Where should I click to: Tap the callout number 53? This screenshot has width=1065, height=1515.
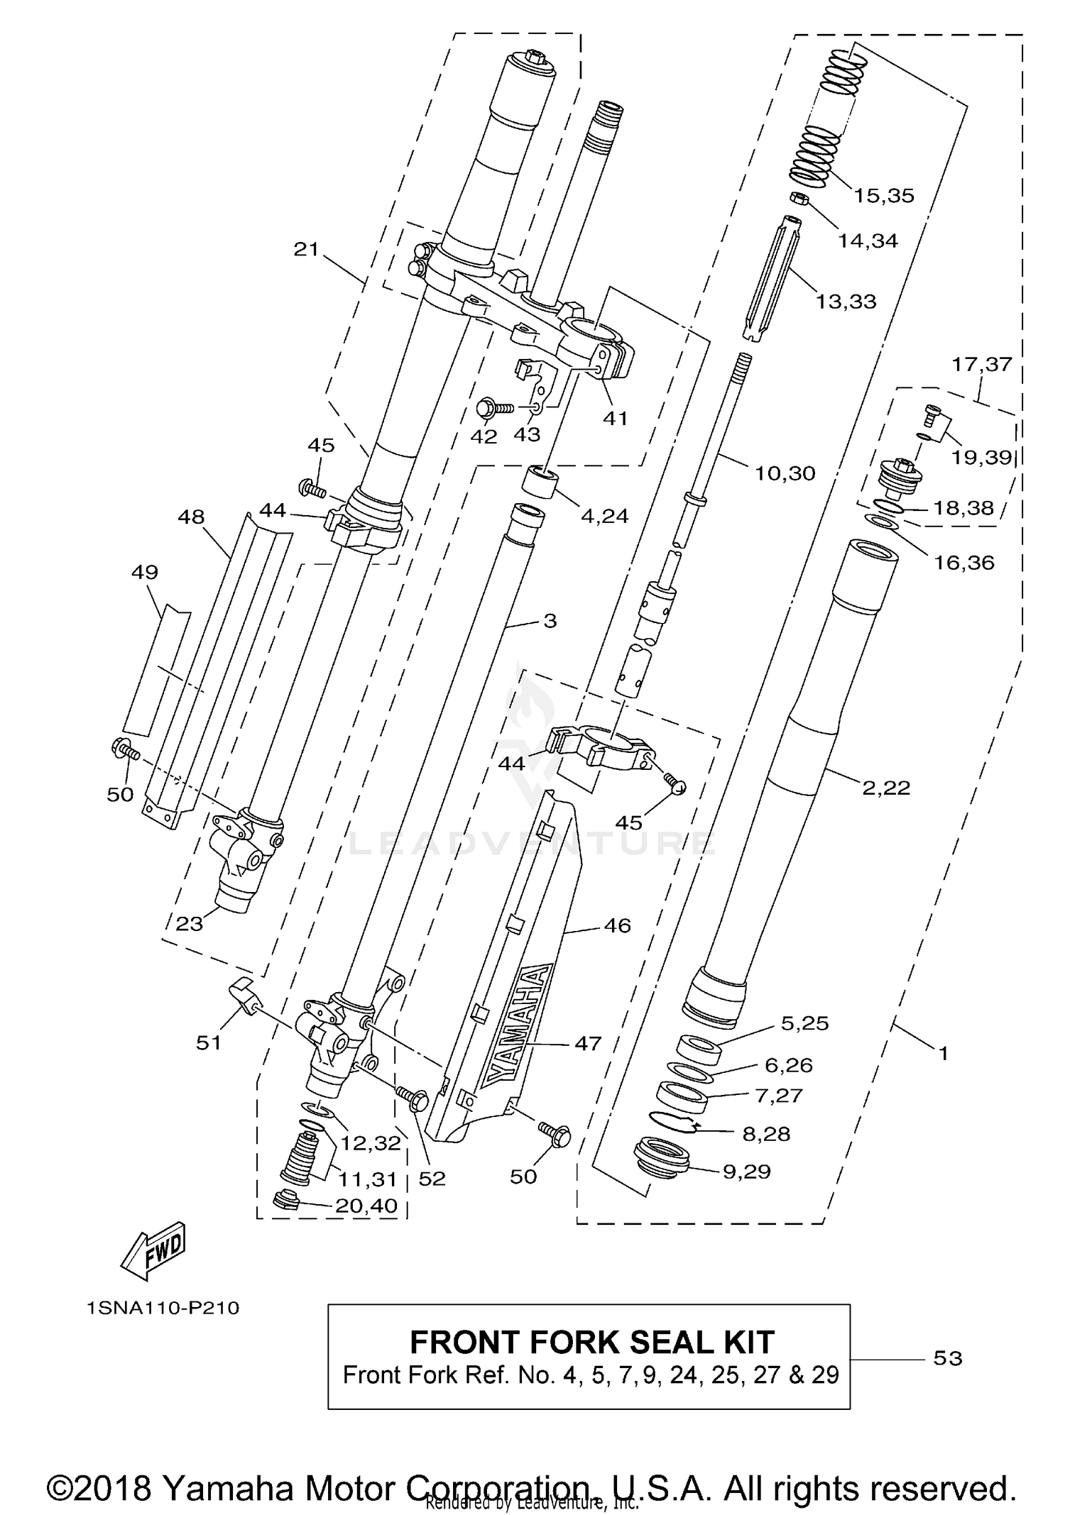(x=947, y=1358)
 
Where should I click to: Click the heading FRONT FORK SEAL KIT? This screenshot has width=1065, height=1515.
(x=591, y=1342)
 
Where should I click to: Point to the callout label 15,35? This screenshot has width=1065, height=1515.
(x=883, y=196)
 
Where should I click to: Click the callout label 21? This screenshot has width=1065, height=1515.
(x=307, y=249)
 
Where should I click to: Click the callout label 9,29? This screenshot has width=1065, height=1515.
(x=746, y=1171)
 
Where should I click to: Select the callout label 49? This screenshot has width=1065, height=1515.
(x=145, y=572)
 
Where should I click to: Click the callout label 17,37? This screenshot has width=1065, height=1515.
(x=981, y=364)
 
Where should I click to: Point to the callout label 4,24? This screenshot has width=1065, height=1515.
(x=604, y=516)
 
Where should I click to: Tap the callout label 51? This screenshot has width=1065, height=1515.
(x=209, y=1042)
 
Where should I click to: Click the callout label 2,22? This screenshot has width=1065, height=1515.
(x=885, y=788)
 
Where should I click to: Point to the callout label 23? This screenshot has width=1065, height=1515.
(x=190, y=923)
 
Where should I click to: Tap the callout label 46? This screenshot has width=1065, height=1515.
(x=617, y=925)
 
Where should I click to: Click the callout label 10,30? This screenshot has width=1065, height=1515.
(x=785, y=473)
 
